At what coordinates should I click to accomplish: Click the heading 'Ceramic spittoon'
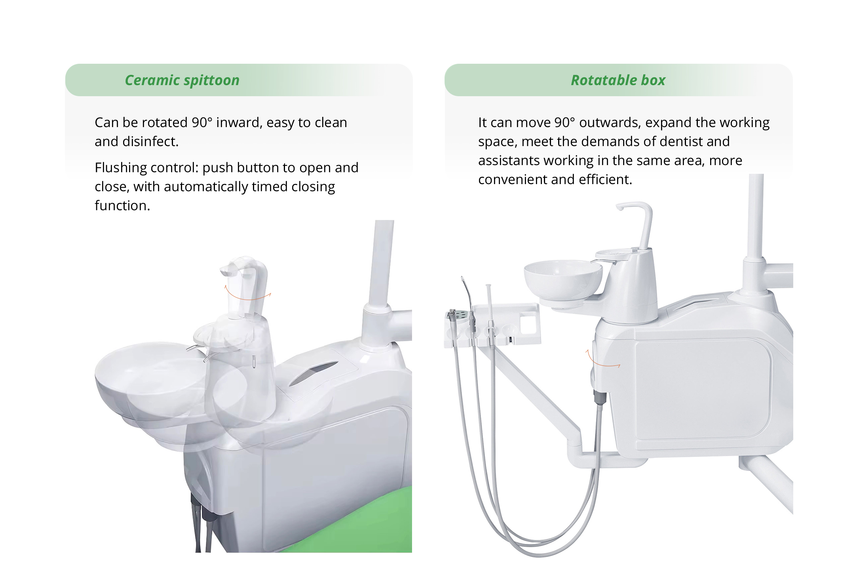(x=182, y=80)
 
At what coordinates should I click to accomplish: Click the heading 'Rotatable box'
(x=618, y=80)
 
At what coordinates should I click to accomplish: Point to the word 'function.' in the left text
(x=122, y=205)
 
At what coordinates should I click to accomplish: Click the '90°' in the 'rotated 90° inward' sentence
(x=202, y=122)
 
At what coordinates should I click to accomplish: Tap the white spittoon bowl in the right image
(x=563, y=279)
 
